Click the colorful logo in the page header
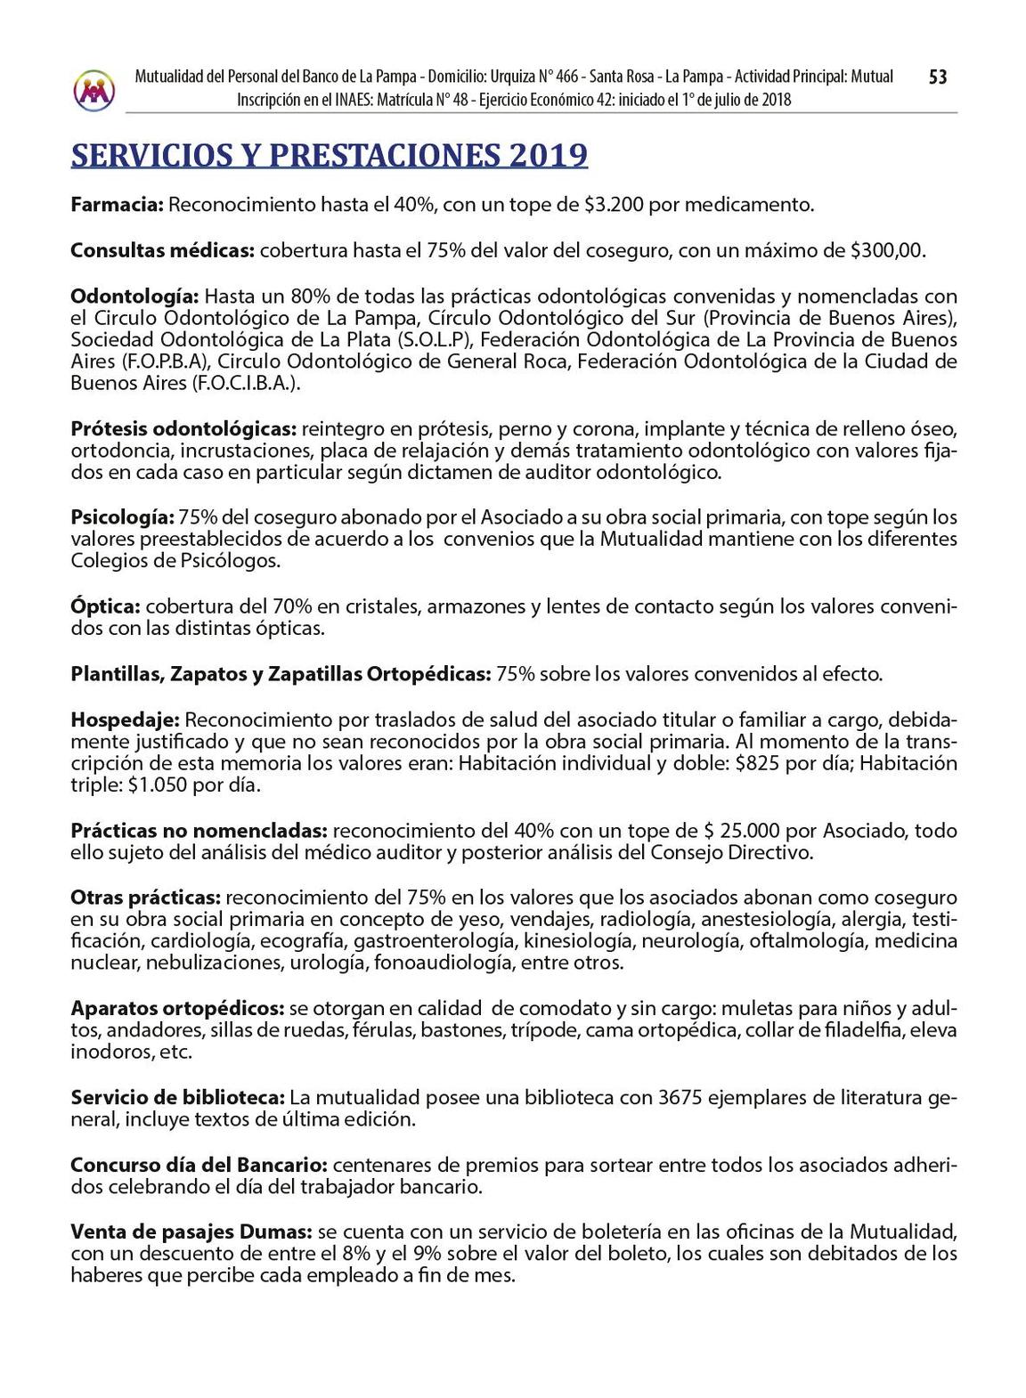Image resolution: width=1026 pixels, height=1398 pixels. pos(94,89)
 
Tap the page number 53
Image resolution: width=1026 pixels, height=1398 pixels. pos(938,77)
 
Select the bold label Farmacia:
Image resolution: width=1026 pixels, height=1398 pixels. pos(117,205)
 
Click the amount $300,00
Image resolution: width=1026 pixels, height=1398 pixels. pos(887,250)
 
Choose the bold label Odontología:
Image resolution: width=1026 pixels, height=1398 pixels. pos(134,295)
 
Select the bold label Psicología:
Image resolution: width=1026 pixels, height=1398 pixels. pos(121,516)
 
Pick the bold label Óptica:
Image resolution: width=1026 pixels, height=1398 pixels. pos(105,606)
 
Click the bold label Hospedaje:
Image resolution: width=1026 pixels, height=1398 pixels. pos(125,719)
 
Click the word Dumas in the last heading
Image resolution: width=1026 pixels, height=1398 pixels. pos(276,1231)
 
